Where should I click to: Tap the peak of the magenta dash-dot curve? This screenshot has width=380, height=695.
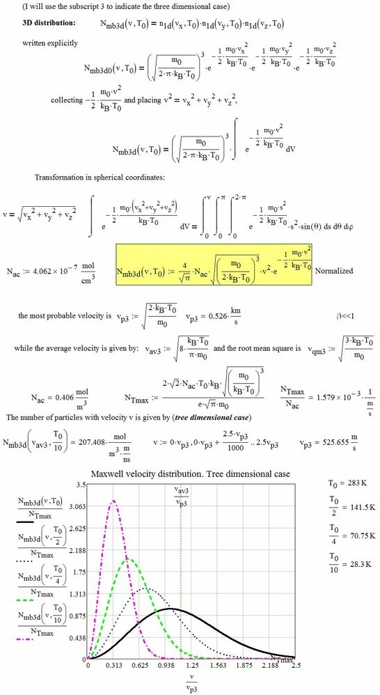(x=113, y=500)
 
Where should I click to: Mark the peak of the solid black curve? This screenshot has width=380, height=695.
(x=171, y=609)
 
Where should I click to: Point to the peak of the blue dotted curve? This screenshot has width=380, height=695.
(x=145, y=588)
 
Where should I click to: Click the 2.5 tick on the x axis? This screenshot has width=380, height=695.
(x=296, y=666)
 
